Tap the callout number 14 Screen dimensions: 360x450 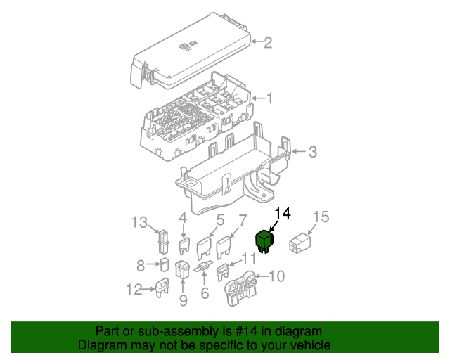click(x=282, y=213)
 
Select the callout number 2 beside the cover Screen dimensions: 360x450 click(x=268, y=44)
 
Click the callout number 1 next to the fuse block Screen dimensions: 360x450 click(x=268, y=98)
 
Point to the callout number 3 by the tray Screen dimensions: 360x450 click(x=313, y=152)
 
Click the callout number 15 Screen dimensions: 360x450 click(x=321, y=217)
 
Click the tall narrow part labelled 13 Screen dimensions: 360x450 click(x=162, y=242)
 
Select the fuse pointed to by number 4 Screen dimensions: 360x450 click(x=185, y=245)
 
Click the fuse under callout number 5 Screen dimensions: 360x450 click(x=205, y=248)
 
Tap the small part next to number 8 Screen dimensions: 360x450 click(x=163, y=265)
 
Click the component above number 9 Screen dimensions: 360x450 click(x=182, y=270)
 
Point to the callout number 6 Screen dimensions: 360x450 click(x=205, y=293)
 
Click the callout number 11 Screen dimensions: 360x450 click(x=250, y=258)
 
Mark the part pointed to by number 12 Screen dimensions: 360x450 click(x=162, y=286)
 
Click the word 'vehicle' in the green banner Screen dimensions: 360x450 click(x=303, y=345)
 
